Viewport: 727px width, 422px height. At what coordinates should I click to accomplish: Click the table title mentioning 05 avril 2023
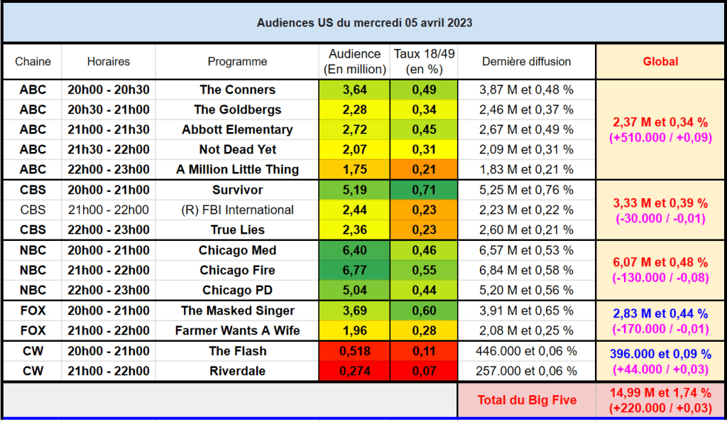[x=364, y=23]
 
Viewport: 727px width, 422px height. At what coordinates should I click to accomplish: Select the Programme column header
[x=237, y=62]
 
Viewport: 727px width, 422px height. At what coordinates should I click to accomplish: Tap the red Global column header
[x=660, y=62]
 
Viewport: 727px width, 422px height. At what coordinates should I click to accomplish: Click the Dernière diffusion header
[x=526, y=62]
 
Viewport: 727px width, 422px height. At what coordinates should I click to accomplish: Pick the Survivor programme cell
[x=237, y=190]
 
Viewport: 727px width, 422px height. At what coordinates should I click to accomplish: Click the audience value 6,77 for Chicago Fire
[x=355, y=271]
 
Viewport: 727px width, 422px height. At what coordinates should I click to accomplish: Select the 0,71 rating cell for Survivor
[x=425, y=190]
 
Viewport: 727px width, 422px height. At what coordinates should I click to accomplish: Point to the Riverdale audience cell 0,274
[x=355, y=371]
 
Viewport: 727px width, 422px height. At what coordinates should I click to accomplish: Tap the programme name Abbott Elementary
[x=237, y=130]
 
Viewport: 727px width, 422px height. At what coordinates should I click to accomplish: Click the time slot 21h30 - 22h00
[x=109, y=150]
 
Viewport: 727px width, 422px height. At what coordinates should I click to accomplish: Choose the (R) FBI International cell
[x=237, y=210]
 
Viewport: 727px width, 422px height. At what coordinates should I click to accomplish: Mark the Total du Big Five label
[x=527, y=400]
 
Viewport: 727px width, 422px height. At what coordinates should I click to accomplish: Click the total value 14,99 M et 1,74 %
[x=660, y=393]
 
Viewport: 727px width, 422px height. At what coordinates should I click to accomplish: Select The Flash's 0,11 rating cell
[x=425, y=351]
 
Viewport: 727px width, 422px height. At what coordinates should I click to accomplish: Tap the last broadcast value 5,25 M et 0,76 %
[x=526, y=190]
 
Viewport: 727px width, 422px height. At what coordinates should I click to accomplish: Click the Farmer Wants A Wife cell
[x=237, y=330]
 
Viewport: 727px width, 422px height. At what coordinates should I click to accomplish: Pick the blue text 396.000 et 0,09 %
[x=660, y=354]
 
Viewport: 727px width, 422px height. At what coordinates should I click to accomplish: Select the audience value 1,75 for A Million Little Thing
[x=355, y=170]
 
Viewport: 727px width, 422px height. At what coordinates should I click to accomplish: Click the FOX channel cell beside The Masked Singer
[x=33, y=310]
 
